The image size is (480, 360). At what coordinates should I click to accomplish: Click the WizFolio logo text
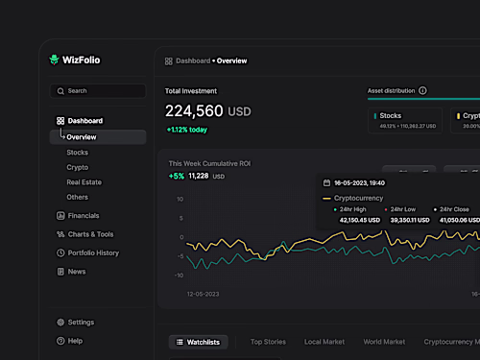tap(83, 60)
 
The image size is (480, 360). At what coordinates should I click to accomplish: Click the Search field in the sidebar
tap(97, 90)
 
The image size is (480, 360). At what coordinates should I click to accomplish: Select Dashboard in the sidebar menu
tap(84, 121)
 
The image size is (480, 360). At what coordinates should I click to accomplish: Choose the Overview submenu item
tap(82, 137)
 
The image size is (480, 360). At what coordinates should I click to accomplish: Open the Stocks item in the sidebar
tap(78, 152)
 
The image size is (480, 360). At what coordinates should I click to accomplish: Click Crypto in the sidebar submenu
tap(78, 167)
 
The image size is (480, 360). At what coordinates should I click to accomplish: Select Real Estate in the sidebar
tap(84, 181)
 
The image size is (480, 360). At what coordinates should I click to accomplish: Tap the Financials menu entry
tap(83, 216)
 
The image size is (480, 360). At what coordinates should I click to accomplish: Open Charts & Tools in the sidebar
tap(90, 234)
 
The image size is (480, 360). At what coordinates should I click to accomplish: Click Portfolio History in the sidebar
tap(93, 252)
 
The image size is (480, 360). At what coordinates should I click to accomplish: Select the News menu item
tap(77, 272)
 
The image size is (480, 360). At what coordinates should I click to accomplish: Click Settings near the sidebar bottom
tap(81, 323)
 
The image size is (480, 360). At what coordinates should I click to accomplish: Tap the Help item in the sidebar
tap(75, 341)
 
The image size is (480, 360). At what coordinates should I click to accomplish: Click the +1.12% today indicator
tap(187, 129)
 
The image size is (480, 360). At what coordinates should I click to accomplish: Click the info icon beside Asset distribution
tap(422, 91)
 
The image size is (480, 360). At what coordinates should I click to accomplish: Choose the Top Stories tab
tap(268, 342)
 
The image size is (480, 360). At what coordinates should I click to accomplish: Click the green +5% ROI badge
tap(176, 176)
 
